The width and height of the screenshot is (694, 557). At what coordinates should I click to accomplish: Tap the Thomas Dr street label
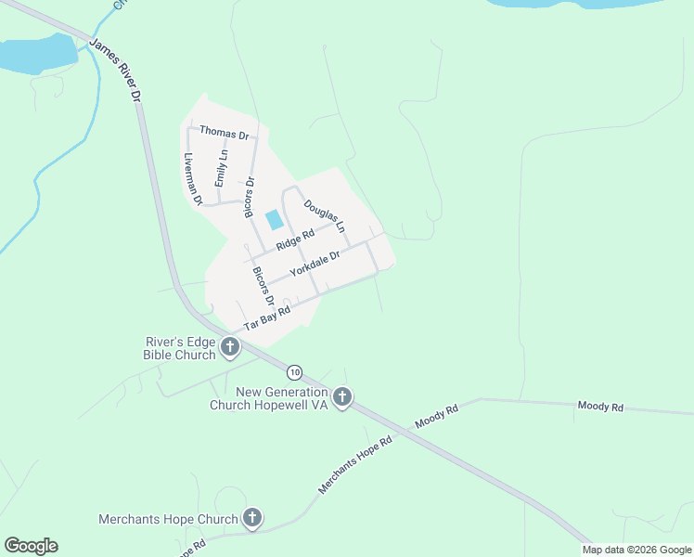tap(225, 134)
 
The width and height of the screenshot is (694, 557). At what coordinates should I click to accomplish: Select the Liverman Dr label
tap(193, 178)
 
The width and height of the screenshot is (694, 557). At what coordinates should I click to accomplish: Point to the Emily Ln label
tap(220, 169)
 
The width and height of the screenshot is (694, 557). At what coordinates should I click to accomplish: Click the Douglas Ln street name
tap(325, 214)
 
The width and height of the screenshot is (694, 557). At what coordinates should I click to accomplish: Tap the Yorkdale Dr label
tap(315, 266)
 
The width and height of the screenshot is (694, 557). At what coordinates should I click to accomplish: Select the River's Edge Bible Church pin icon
tap(230, 348)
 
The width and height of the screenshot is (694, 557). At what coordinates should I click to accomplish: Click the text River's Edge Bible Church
tap(180, 348)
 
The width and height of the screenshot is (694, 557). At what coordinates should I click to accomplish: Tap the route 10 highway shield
tap(294, 372)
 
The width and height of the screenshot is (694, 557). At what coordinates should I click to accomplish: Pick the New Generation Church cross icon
tap(342, 398)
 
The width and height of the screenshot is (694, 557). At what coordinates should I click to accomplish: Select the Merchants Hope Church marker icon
tap(251, 519)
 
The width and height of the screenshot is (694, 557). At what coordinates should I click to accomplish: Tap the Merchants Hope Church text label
tap(169, 520)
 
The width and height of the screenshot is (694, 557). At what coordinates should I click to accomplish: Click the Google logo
tap(31, 546)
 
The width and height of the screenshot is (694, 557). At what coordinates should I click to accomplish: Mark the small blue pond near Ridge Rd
tap(275, 220)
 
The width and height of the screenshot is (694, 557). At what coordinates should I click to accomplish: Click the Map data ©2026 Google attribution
tap(636, 550)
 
